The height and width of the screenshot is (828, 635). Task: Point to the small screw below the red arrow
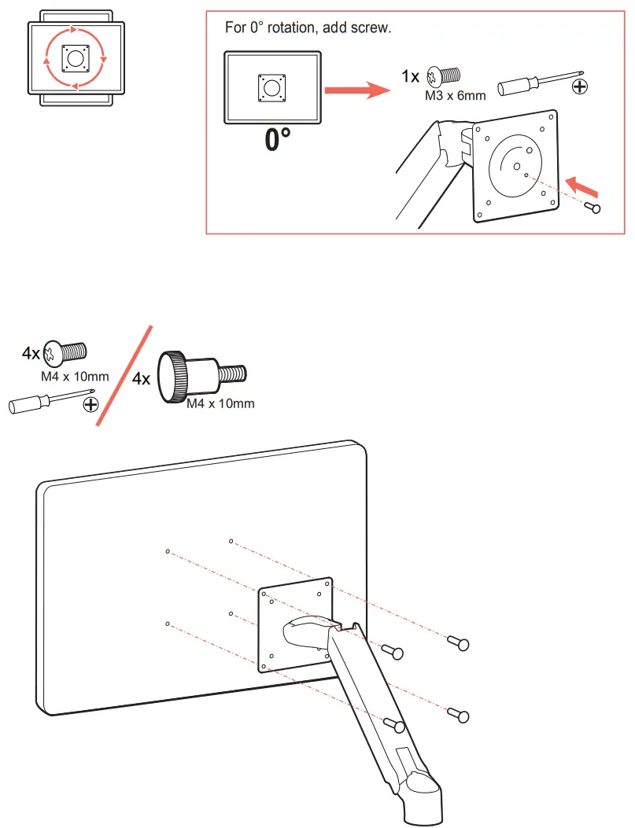(594, 208)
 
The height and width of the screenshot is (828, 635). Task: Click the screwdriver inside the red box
(539, 81)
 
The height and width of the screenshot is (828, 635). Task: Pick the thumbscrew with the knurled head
(201, 377)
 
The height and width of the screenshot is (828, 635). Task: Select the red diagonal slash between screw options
(123, 377)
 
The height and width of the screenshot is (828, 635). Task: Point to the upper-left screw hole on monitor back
(168, 552)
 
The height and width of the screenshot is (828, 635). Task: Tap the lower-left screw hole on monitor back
(168, 624)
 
